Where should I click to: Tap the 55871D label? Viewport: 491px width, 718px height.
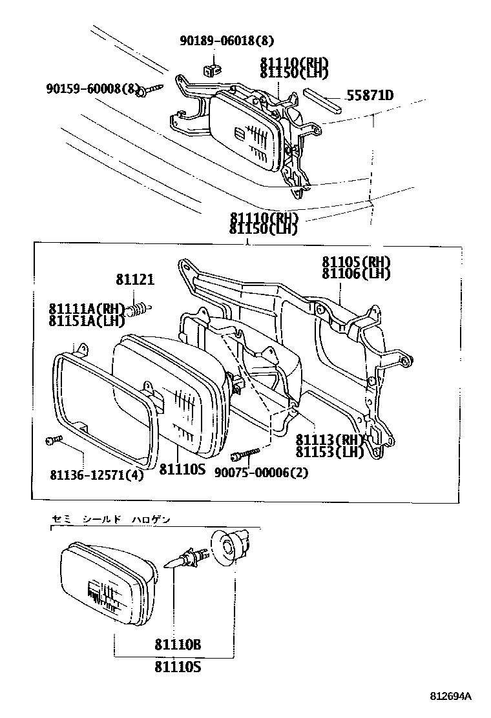[x=370, y=96]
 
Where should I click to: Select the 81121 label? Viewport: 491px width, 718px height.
[x=135, y=280]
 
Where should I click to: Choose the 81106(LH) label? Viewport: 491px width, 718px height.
[x=357, y=273]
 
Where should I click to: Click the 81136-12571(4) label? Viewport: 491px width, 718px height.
[x=96, y=475]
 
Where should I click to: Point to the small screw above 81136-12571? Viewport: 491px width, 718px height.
[x=52, y=440]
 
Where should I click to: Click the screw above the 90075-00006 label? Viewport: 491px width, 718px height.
[x=247, y=453]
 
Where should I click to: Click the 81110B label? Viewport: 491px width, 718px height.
[x=178, y=644]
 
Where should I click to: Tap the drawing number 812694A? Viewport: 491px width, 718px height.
[x=451, y=696]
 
